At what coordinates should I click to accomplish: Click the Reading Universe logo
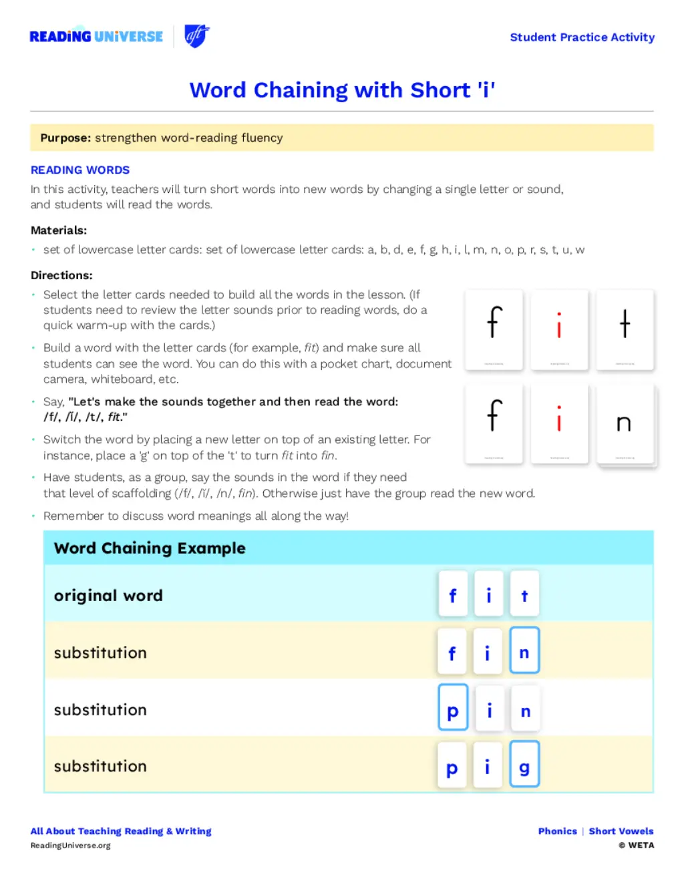96,37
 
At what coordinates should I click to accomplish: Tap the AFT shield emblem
196,36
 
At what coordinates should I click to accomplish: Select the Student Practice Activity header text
582,37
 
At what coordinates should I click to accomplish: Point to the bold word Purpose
65,138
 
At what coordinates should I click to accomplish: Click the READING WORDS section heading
80,170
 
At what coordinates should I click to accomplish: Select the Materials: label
59,230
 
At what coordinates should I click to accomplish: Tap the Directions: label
61,275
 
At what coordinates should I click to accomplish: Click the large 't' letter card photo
625,329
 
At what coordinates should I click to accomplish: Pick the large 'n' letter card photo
625,423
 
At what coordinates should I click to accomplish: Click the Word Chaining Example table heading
150,548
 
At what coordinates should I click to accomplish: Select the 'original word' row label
108,596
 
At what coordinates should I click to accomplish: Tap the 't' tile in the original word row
524,595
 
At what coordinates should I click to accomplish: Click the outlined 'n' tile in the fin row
524,651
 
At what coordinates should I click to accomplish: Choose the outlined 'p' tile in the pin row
453,708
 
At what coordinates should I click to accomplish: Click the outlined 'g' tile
524,765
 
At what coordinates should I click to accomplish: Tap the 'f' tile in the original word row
453,595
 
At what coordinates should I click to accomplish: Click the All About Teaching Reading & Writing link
121,832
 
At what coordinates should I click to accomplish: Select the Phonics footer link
558,832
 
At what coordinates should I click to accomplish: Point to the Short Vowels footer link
621,832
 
